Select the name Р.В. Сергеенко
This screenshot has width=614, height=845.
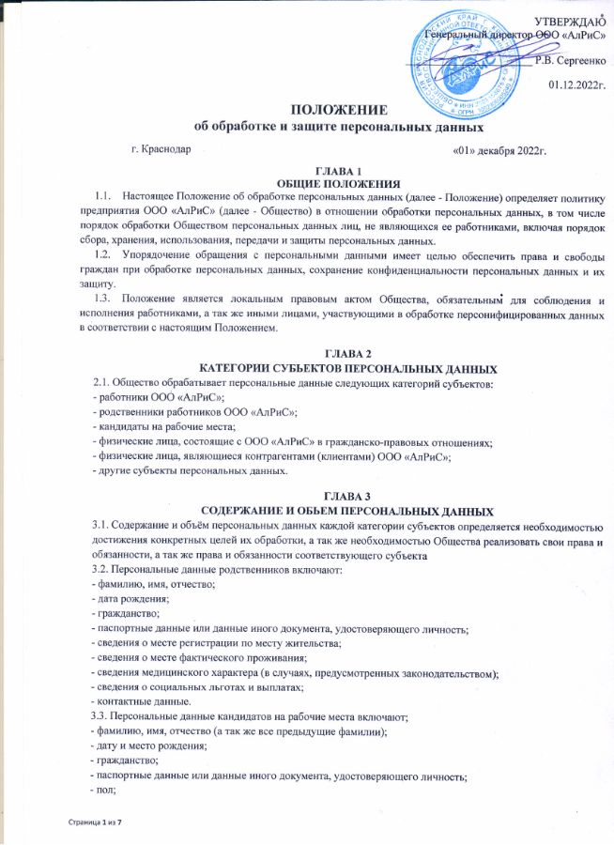[x=566, y=61]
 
